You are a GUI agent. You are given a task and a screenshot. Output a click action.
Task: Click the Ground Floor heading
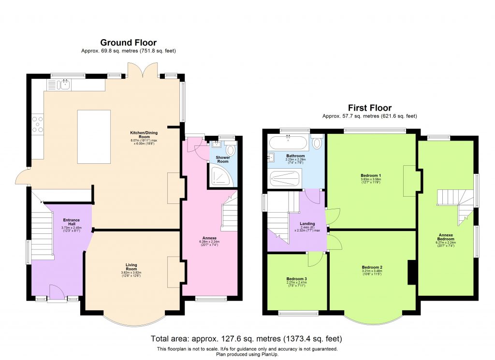(128, 43)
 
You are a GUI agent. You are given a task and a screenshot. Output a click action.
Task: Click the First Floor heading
(370, 108)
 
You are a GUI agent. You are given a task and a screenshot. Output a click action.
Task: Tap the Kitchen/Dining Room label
(144, 134)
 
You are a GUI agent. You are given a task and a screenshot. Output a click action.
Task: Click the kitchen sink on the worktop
(63, 85)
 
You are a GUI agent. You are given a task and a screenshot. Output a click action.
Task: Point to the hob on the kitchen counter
(37, 123)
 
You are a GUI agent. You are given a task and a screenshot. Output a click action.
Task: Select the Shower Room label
(222, 160)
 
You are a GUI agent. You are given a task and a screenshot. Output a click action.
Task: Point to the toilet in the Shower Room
(230, 150)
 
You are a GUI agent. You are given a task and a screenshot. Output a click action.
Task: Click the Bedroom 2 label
(371, 267)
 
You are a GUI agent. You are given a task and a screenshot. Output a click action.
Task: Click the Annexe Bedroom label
(446, 237)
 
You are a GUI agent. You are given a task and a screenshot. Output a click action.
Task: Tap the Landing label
(307, 224)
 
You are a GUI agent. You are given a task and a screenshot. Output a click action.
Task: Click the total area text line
(247, 339)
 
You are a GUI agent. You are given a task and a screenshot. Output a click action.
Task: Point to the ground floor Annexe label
(209, 238)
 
